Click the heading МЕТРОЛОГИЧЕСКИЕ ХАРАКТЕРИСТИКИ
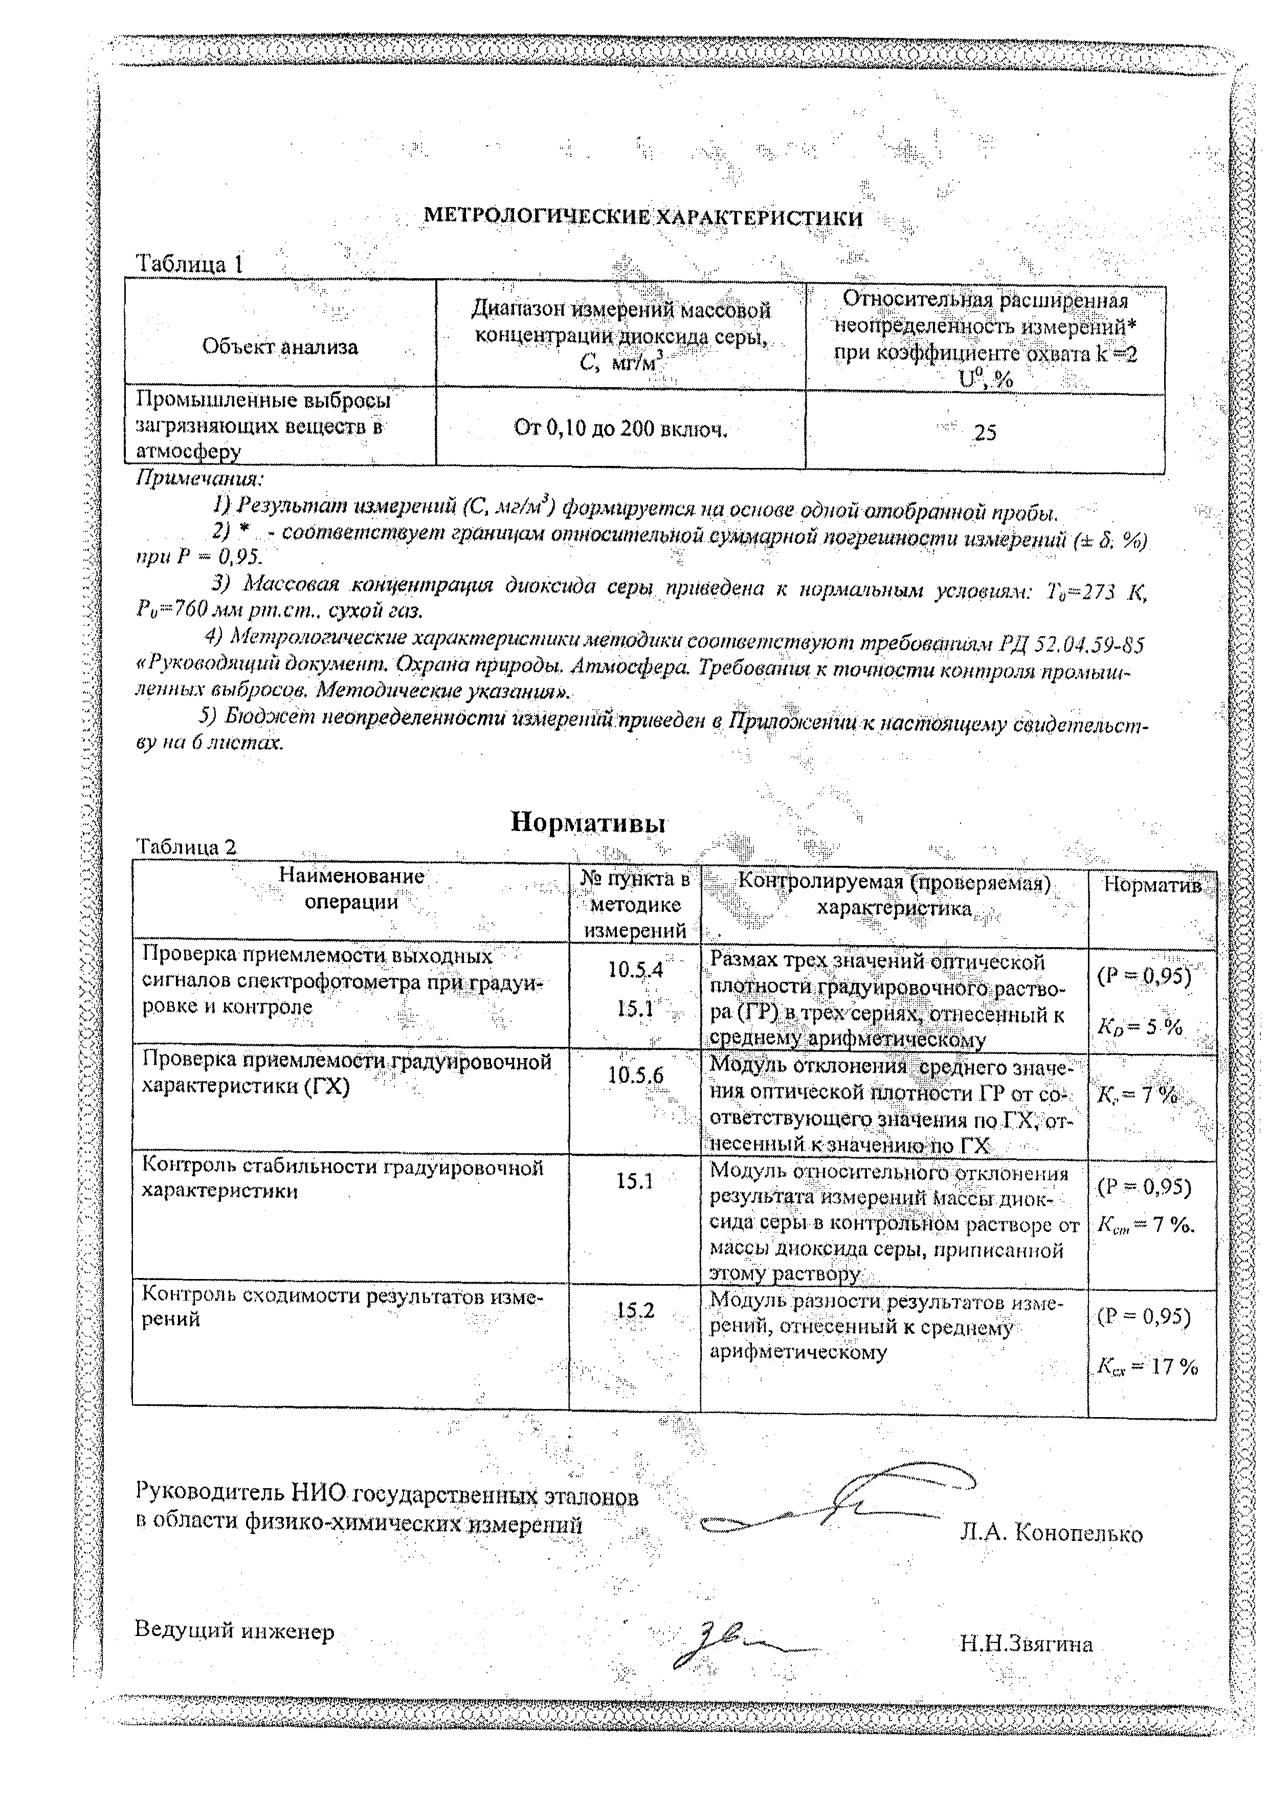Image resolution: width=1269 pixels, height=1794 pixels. (x=642, y=218)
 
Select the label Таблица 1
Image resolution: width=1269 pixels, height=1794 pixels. (x=190, y=264)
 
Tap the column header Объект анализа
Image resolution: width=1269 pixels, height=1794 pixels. (x=280, y=346)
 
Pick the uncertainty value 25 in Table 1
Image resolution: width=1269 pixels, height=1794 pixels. (x=985, y=432)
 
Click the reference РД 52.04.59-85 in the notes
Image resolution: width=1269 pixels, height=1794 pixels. (x=1072, y=644)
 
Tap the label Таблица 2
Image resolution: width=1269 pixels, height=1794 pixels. (x=186, y=847)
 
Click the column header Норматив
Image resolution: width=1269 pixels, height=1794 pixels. (x=1152, y=885)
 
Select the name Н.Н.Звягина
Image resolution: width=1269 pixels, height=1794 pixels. (x=1026, y=1645)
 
